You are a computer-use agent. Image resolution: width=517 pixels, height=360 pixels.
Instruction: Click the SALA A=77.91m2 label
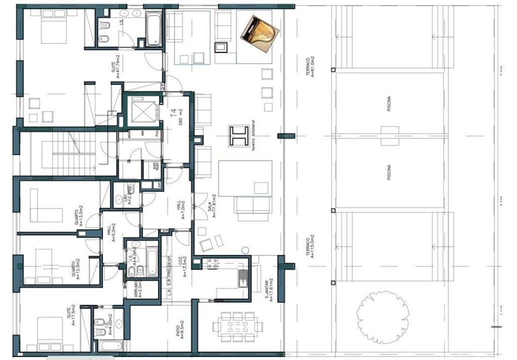212,206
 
